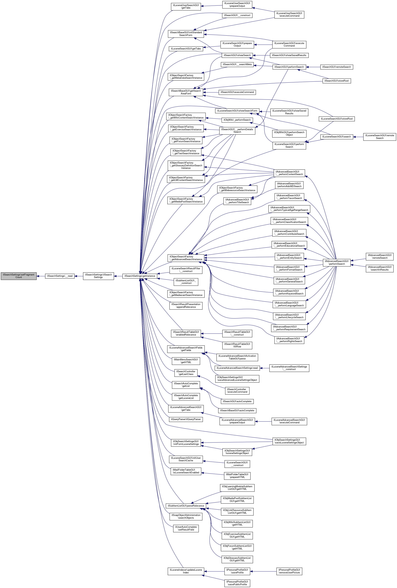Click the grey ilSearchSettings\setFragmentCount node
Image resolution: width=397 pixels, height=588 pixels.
(19, 276)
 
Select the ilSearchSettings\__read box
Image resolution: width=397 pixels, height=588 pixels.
(60, 276)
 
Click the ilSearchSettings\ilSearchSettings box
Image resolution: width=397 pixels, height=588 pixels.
(98, 276)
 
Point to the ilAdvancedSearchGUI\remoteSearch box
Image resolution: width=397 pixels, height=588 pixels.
(379, 256)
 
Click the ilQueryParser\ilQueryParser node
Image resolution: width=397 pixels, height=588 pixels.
(186, 419)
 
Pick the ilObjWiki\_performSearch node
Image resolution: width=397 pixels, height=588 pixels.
(237, 120)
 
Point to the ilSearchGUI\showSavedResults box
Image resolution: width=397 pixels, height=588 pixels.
(289, 55)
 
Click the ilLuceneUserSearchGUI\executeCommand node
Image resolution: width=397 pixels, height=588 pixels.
(289, 14)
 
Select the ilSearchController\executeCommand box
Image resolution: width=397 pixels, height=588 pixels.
(237, 391)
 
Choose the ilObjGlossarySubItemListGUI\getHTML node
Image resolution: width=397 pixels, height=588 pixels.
(237, 559)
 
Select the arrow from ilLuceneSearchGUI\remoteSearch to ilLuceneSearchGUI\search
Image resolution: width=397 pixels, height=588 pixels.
(358, 137)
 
